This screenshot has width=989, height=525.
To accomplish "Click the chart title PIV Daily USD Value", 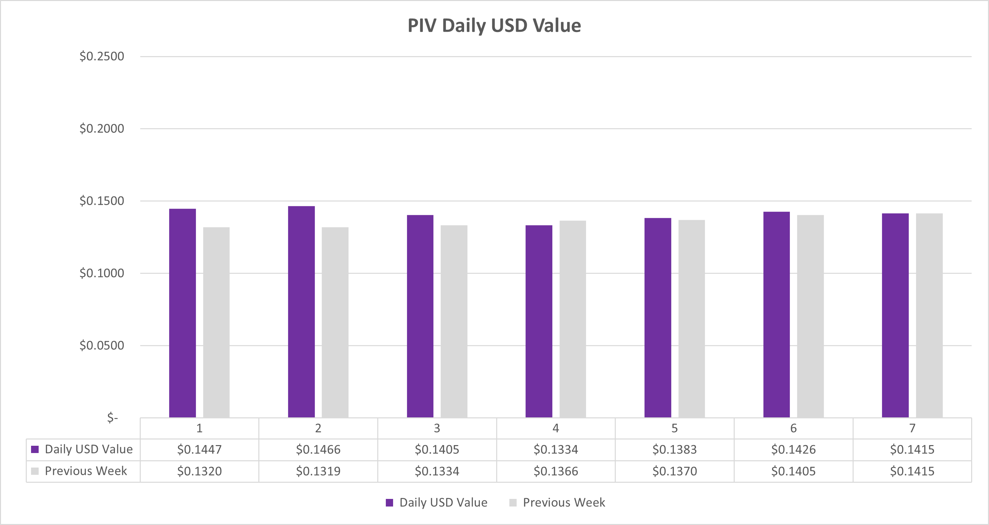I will (494, 26).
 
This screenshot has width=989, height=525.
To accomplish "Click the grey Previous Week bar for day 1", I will (216, 322).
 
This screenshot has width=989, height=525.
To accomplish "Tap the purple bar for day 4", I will (539, 321).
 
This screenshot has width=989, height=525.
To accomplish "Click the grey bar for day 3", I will (454, 321).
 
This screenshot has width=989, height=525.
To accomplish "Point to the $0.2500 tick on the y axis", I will (102, 56).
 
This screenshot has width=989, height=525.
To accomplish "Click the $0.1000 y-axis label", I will (102, 273).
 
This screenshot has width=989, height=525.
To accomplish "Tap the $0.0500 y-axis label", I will (102, 345).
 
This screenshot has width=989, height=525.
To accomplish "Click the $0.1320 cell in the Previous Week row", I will (199, 471).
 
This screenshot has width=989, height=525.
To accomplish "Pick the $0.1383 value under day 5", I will (675, 449).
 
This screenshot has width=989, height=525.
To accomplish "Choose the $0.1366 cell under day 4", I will (556, 471).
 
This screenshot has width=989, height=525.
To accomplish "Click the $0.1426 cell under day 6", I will (793, 449).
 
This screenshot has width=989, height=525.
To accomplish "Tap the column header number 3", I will (437, 428).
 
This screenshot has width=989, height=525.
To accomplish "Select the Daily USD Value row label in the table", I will (88, 449).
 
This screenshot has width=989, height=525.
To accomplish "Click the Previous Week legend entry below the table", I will (564, 503).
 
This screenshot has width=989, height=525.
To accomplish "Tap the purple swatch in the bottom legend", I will (389, 503).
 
